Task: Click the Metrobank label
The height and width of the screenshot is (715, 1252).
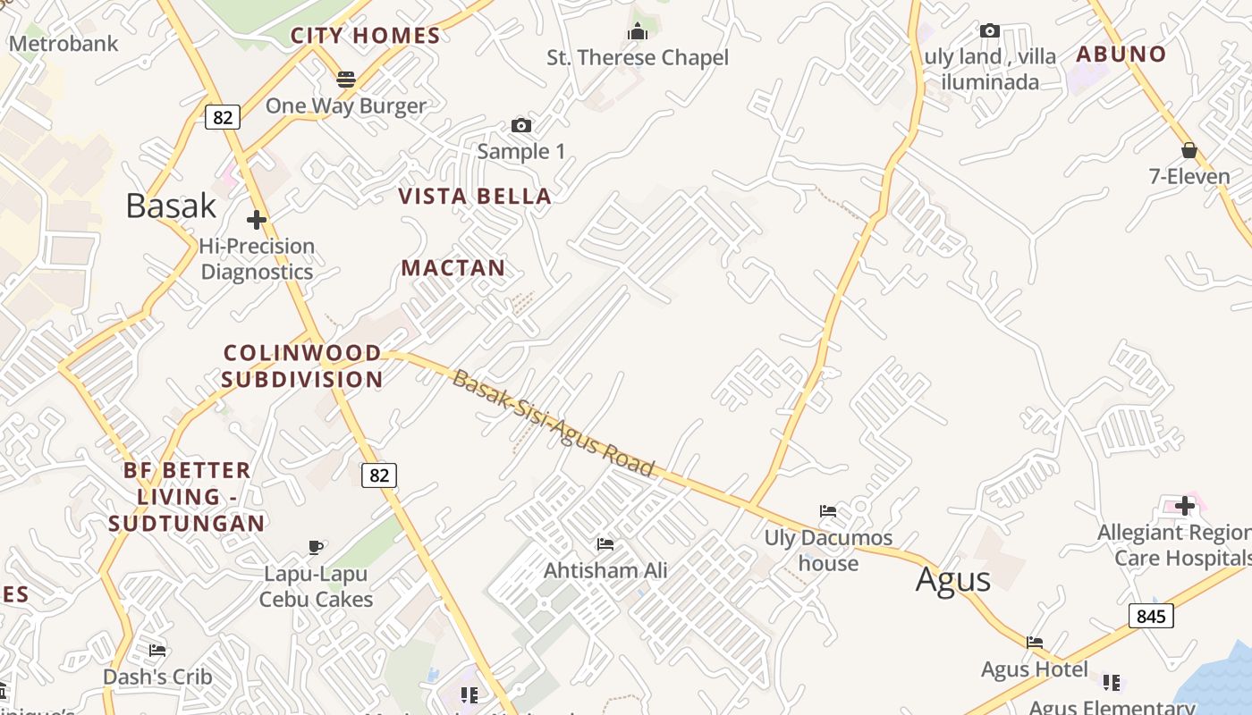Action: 63,43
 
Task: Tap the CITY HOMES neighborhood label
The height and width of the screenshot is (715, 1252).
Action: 366,36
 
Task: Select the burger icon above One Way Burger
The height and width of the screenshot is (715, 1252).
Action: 346,79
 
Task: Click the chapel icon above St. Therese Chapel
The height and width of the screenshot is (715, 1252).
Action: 637,32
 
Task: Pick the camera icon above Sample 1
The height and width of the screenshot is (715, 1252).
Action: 521,125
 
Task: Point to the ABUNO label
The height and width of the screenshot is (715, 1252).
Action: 1121,54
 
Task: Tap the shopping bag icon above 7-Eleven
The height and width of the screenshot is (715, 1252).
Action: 1189,150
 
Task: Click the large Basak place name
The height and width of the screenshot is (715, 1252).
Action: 171,206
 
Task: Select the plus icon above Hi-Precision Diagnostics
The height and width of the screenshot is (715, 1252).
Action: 257,219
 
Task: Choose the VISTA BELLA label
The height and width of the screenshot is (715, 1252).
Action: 475,197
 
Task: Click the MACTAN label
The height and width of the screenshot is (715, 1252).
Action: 453,267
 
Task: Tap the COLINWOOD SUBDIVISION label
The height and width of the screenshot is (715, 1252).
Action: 302,366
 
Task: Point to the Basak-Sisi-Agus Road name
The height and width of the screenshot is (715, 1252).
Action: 554,423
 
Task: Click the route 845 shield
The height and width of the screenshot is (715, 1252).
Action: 1151,616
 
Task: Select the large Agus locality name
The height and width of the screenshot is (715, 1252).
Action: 953,580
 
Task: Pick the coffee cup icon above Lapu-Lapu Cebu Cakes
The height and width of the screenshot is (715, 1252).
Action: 315,547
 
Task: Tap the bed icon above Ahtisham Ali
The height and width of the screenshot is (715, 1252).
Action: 605,543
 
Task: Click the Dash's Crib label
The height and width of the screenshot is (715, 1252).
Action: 158,677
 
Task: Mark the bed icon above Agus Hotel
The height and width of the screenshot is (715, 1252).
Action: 1035,642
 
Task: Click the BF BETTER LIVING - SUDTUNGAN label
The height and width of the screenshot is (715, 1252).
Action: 187,496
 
